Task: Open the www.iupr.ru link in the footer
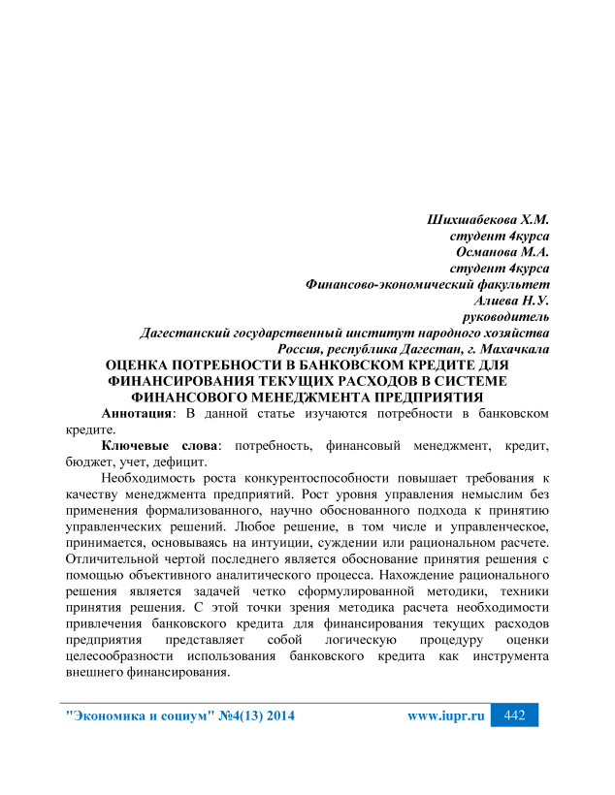(x=445, y=716)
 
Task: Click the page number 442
(x=514, y=715)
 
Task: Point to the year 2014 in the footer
(x=275, y=716)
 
